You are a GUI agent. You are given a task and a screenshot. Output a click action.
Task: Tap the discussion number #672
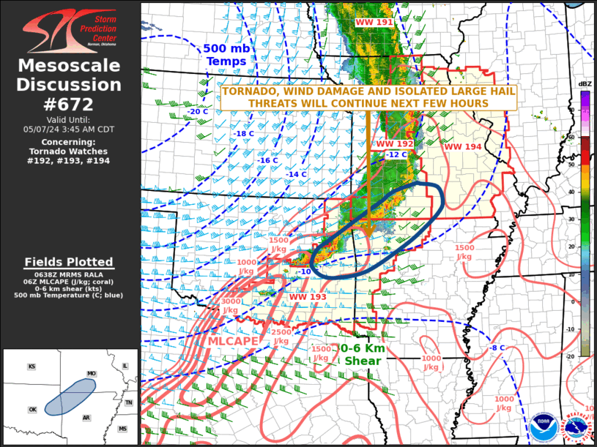[69, 105]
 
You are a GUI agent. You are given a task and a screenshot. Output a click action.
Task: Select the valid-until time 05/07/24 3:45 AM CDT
[69, 129]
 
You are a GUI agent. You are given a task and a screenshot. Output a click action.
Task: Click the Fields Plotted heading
[69, 262]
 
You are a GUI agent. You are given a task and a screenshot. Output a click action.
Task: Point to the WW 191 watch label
[374, 23]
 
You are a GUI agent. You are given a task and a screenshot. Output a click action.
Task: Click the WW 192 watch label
[394, 144]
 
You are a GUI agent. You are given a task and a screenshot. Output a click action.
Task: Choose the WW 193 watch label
[308, 297]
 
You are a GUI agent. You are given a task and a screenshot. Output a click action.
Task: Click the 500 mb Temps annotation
[226, 55]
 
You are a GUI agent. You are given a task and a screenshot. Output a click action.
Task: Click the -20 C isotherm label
[199, 112]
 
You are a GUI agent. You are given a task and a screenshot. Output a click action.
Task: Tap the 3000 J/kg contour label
[230, 306]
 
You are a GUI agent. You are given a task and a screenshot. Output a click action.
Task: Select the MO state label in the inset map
[91, 373]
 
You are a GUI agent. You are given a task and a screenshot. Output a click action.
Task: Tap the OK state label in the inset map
[31, 410]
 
